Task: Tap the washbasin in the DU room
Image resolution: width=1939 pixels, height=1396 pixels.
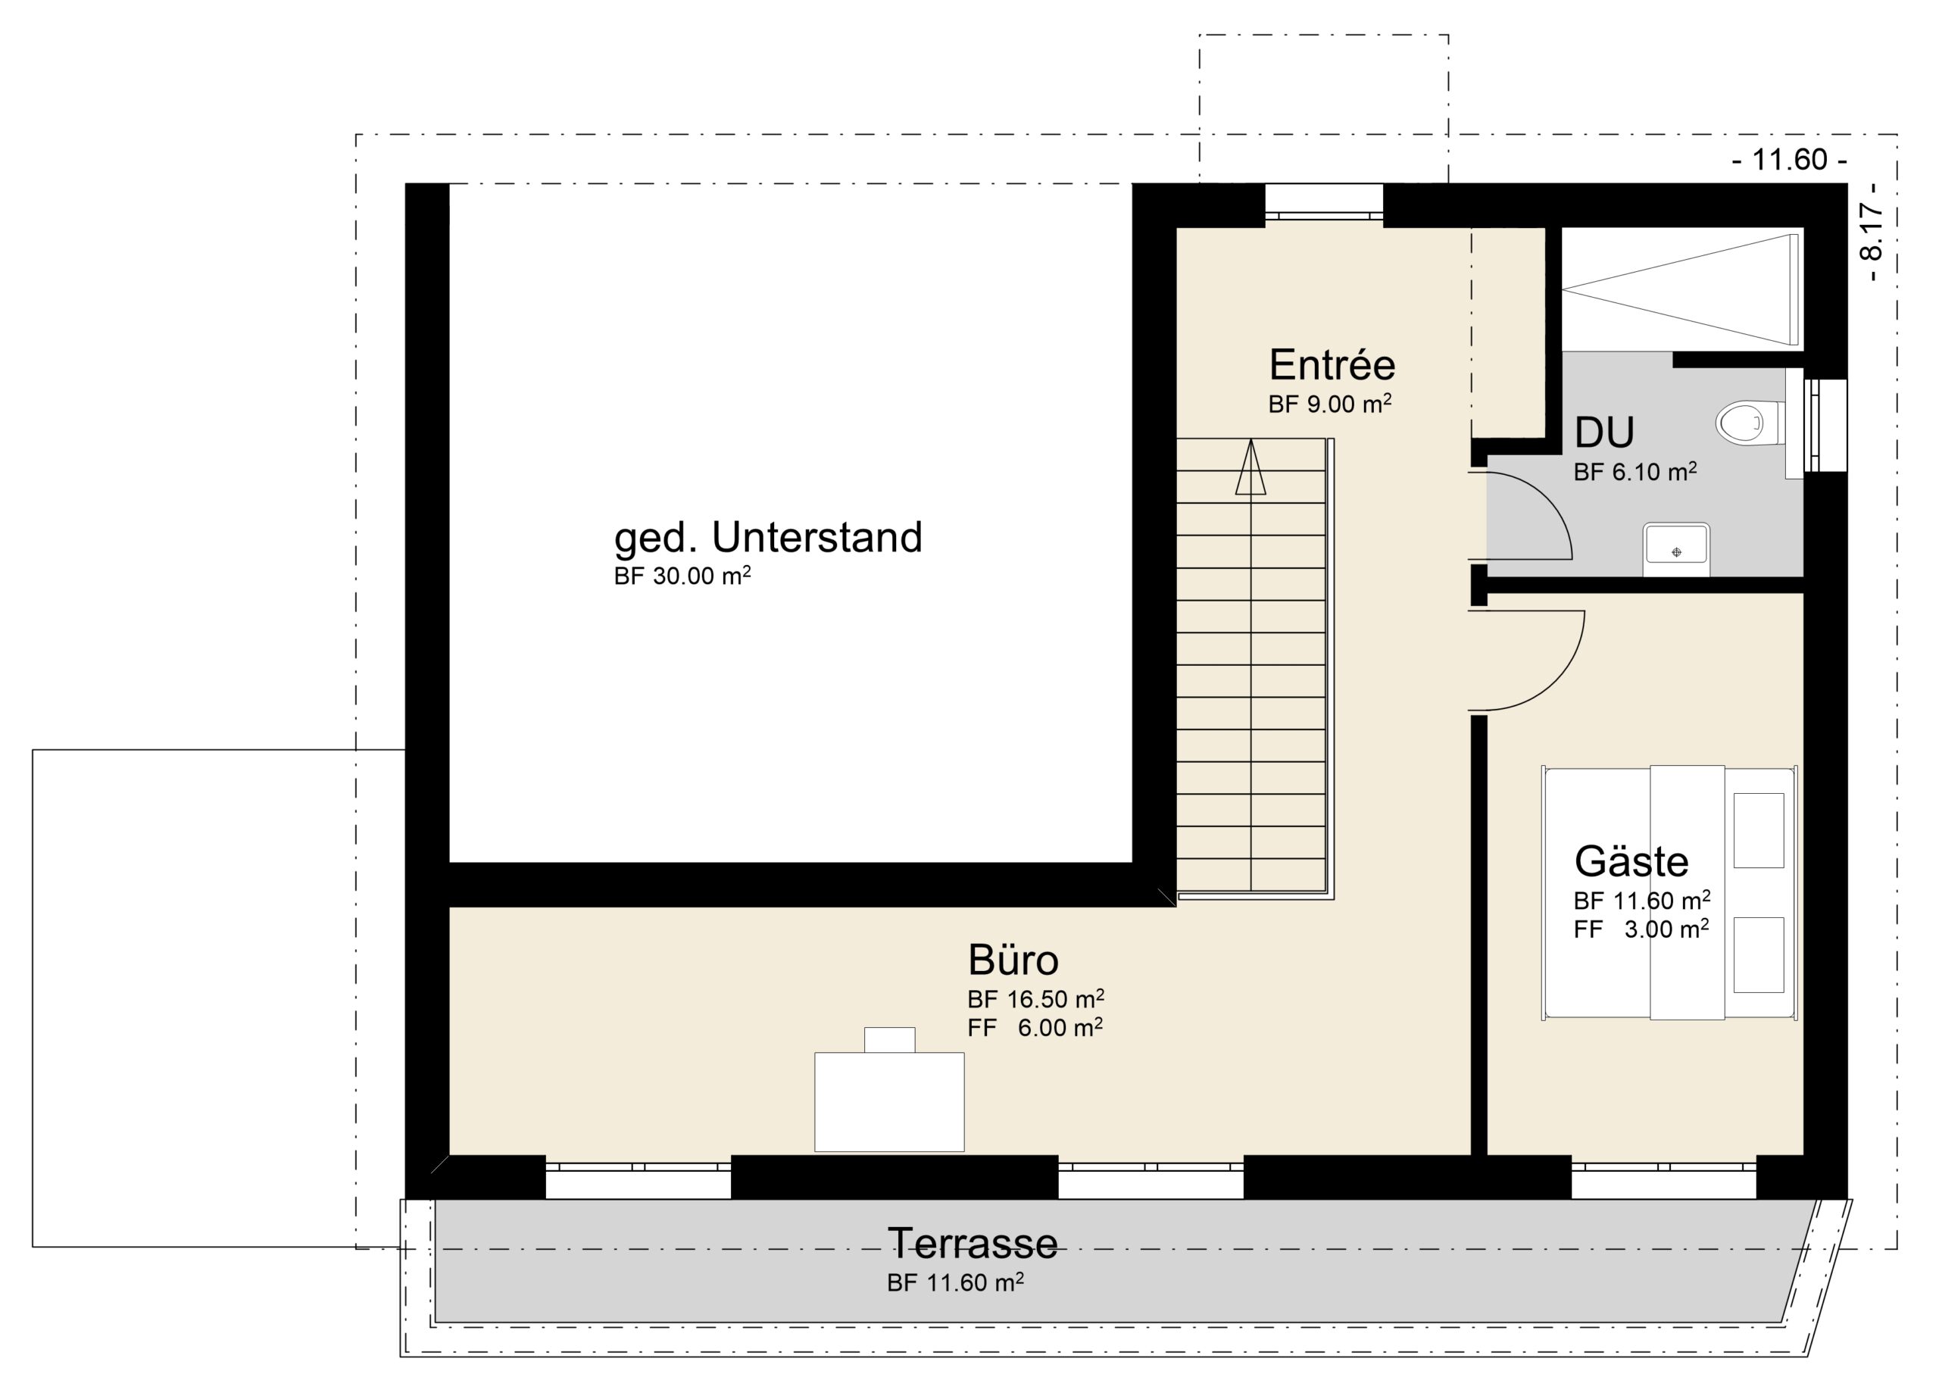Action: point(1675,549)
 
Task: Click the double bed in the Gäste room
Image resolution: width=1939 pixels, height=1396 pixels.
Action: point(1669,892)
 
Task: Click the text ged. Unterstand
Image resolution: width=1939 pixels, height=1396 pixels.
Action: point(768,538)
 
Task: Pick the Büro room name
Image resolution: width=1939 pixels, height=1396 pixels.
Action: point(1013,959)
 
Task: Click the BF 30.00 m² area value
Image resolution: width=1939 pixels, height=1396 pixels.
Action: point(682,576)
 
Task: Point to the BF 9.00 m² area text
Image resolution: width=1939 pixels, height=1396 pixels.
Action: point(1329,404)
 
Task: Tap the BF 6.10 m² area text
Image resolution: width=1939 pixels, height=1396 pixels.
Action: point(1635,471)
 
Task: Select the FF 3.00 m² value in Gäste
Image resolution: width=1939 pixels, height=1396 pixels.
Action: point(1641,929)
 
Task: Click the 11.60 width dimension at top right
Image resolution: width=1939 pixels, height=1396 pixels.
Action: point(1789,160)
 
